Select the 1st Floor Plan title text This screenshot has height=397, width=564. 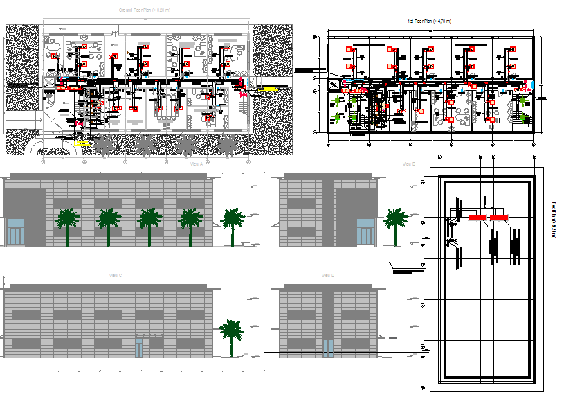coord(429,22)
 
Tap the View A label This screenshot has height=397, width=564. coord(196,164)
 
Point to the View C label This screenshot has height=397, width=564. coord(116,275)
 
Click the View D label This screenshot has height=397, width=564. coord(328,275)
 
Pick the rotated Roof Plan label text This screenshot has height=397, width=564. coord(554,220)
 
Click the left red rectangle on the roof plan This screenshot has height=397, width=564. coord(476,218)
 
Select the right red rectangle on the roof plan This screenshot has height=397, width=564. coord(499,218)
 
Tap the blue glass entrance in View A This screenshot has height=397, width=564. coord(15,231)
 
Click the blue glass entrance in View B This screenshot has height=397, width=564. coord(365,231)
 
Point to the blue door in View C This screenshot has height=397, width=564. coord(139,347)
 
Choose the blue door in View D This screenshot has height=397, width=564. coord(328,347)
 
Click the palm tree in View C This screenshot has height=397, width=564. coord(230,337)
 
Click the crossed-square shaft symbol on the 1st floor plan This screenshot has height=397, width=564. coord(334,85)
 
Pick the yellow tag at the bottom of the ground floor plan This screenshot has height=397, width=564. coord(82,143)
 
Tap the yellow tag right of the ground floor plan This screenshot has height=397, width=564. coord(269,89)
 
